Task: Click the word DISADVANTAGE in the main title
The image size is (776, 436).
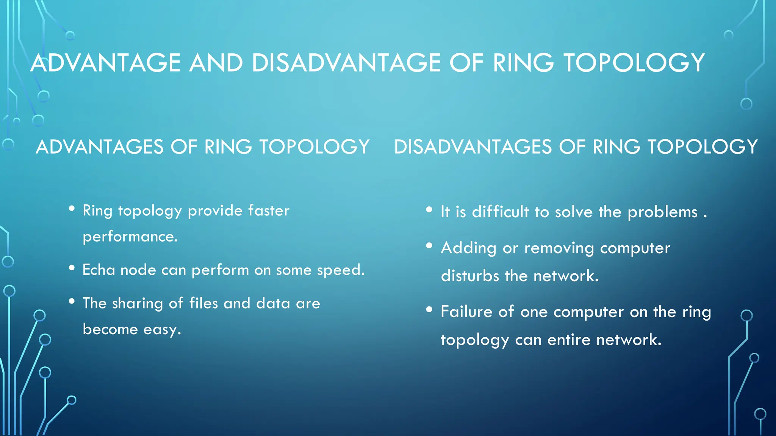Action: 346,63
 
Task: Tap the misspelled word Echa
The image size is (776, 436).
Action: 99,270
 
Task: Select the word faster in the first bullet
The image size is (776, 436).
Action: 269,210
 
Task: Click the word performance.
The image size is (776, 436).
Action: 130,237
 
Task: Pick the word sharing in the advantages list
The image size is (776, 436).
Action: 137,304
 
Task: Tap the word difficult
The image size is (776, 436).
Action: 500,212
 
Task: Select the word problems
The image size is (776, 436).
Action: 662,212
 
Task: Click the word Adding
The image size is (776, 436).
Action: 468,248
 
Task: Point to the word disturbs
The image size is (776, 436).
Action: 470,276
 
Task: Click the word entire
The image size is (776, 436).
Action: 569,340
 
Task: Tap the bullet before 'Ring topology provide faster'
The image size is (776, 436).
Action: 72,208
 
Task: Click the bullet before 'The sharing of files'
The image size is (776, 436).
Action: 72,301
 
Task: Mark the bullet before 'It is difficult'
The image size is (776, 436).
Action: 429,209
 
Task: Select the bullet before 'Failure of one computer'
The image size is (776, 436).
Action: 429,310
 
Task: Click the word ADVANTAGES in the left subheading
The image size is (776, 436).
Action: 99,147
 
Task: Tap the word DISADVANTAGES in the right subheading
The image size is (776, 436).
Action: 473,147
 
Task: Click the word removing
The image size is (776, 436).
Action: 559,248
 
